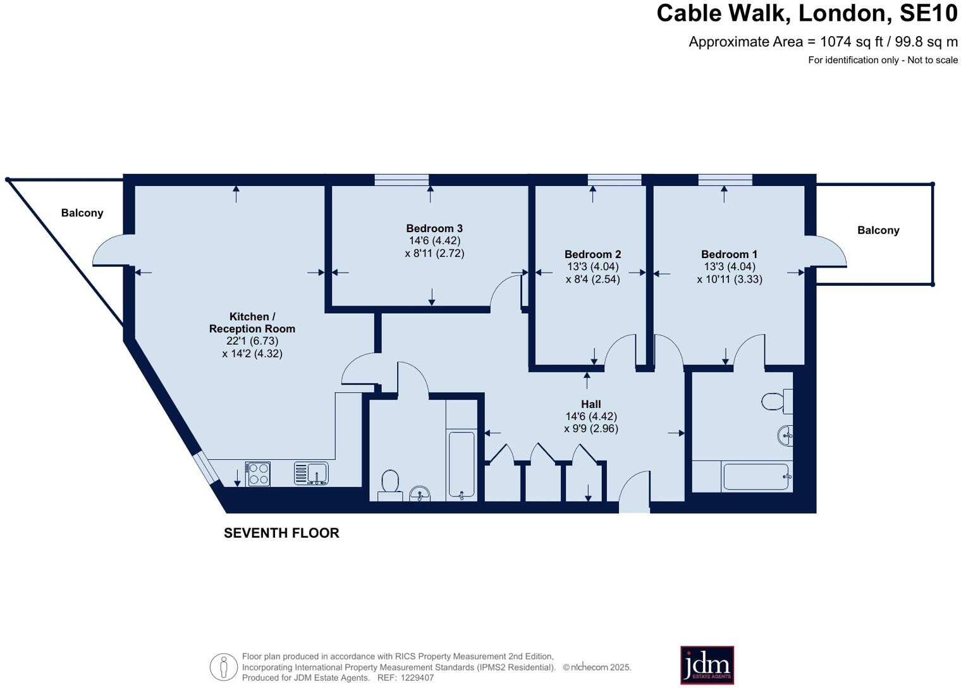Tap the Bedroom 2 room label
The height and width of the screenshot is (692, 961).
pos(592,254)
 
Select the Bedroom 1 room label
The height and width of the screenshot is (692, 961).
pos(729,254)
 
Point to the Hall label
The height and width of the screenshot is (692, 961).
pos(591,404)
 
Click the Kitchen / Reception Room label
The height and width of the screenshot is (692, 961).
pos(252,323)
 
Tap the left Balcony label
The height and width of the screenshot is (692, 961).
pos(82,213)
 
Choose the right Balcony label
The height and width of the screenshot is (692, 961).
pos(878,230)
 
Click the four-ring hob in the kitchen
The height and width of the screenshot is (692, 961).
pos(258,474)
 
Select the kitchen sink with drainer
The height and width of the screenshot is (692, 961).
pos(311,473)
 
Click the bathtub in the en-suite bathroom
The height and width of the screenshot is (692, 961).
pos(756,477)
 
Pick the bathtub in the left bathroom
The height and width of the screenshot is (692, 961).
pos(461,464)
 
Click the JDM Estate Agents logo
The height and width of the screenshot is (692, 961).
pos(707,665)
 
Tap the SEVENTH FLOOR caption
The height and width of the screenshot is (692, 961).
pos(281,533)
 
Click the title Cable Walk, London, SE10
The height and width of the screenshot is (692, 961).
pos(807,13)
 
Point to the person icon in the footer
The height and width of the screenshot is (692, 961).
pos(223,667)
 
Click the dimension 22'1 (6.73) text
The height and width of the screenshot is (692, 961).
pos(252,341)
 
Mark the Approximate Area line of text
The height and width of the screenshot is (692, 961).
pos(823,42)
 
